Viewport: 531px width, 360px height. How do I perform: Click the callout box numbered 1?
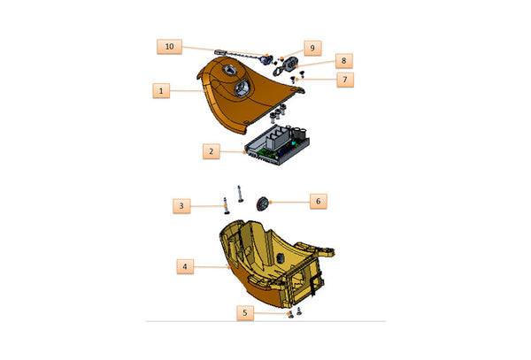(161, 91)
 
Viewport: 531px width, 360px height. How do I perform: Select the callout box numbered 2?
(212, 151)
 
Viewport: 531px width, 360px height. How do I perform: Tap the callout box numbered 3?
(181, 206)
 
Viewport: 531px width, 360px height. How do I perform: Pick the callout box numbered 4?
(185, 266)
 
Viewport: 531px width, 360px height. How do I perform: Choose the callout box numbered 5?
(245, 313)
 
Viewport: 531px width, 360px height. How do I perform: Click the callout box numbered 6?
(319, 202)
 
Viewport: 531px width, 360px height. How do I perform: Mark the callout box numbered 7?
(345, 80)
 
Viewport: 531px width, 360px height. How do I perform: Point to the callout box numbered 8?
(344, 60)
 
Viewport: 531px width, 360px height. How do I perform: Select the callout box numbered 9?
(312, 48)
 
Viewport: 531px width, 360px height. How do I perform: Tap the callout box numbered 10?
(169, 46)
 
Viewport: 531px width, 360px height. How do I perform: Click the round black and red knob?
(262, 203)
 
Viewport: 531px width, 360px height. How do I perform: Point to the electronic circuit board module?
(277, 144)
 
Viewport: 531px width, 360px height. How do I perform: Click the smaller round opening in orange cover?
(229, 71)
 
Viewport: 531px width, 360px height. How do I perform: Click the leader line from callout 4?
(212, 267)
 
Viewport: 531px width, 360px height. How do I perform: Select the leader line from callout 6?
(290, 202)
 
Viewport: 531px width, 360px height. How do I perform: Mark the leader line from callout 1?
(187, 91)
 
